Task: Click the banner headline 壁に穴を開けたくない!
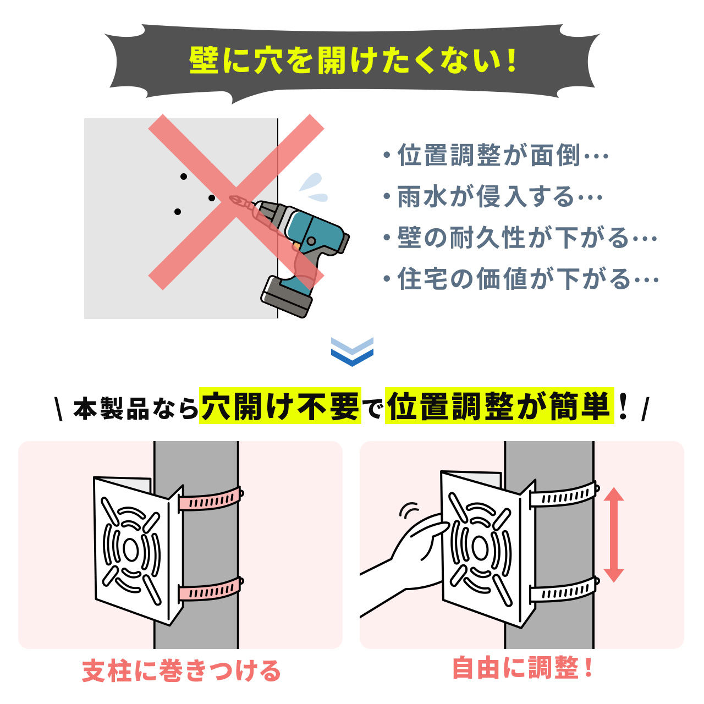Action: coord(352,61)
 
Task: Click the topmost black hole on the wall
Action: coord(184,177)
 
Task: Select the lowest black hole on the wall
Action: coord(177,212)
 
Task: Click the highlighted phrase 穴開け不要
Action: coord(280,406)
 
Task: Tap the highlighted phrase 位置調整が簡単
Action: coord(499,406)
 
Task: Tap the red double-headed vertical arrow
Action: coord(613,535)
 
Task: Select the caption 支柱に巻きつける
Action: coord(181,671)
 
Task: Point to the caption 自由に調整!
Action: coord(522,668)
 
